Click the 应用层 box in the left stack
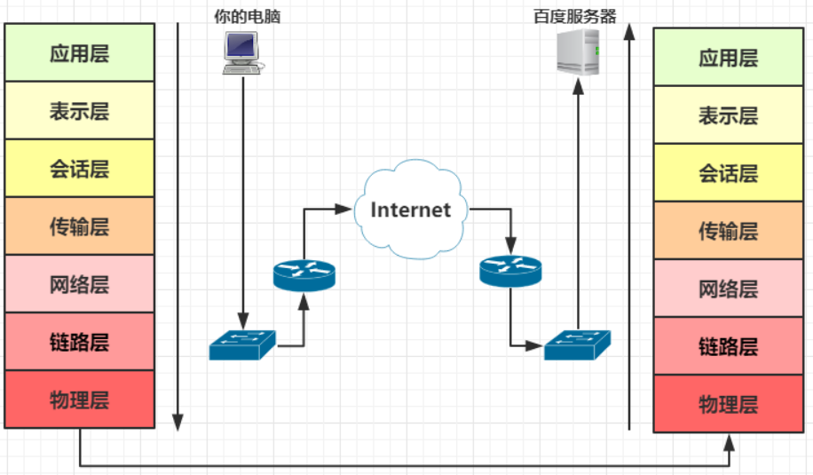[x=80, y=52]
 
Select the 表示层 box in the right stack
[x=728, y=115]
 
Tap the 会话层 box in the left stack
[x=80, y=168]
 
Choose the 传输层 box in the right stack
[x=728, y=231]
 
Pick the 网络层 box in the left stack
[x=80, y=284]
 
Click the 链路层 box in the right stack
[x=728, y=345]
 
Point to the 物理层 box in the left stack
[x=80, y=400]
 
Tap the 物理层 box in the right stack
[x=728, y=404]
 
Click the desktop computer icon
[x=241, y=52]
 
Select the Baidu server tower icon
[x=578, y=51]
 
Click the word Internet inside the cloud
[x=410, y=210]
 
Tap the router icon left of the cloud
[x=304, y=275]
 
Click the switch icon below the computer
[x=242, y=344]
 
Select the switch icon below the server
[x=577, y=344]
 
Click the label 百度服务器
[x=574, y=16]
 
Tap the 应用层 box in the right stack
[x=728, y=58]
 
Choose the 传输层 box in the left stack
[x=80, y=226]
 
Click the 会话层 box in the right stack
[x=728, y=172]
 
